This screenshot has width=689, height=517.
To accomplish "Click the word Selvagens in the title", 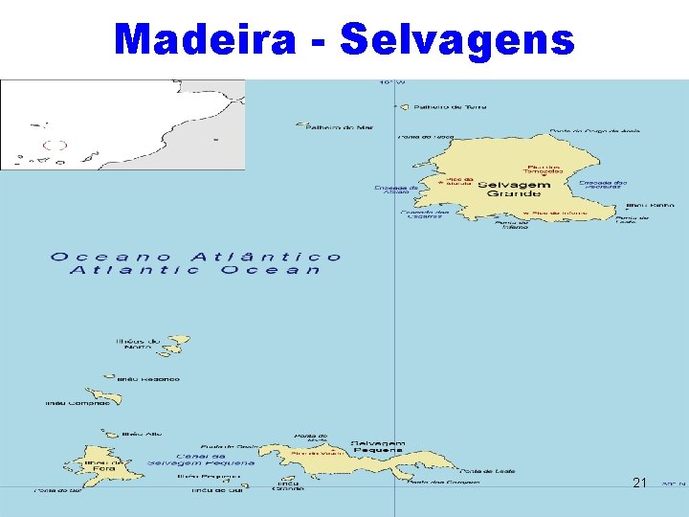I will pyautogui.click(x=456, y=39).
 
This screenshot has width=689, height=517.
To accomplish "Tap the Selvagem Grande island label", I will pyautogui.click(x=514, y=189).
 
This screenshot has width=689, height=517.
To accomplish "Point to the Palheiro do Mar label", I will pyautogui.click(x=326, y=126).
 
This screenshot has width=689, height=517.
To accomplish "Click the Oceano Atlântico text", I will pyautogui.click(x=196, y=257).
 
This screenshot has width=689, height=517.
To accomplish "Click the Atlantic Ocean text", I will pyautogui.click(x=196, y=270).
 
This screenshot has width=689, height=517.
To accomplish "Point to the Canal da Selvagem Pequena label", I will pyautogui.click(x=201, y=459).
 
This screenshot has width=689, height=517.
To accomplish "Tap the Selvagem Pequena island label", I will pyautogui.click(x=377, y=446).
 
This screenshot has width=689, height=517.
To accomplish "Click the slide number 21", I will pyautogui.click(x=640, y=483).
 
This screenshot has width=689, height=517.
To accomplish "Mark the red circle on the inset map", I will pyautogui.click(x=56, y=146).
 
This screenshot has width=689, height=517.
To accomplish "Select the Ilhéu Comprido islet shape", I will pyautogui.click(x=100, y=395).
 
